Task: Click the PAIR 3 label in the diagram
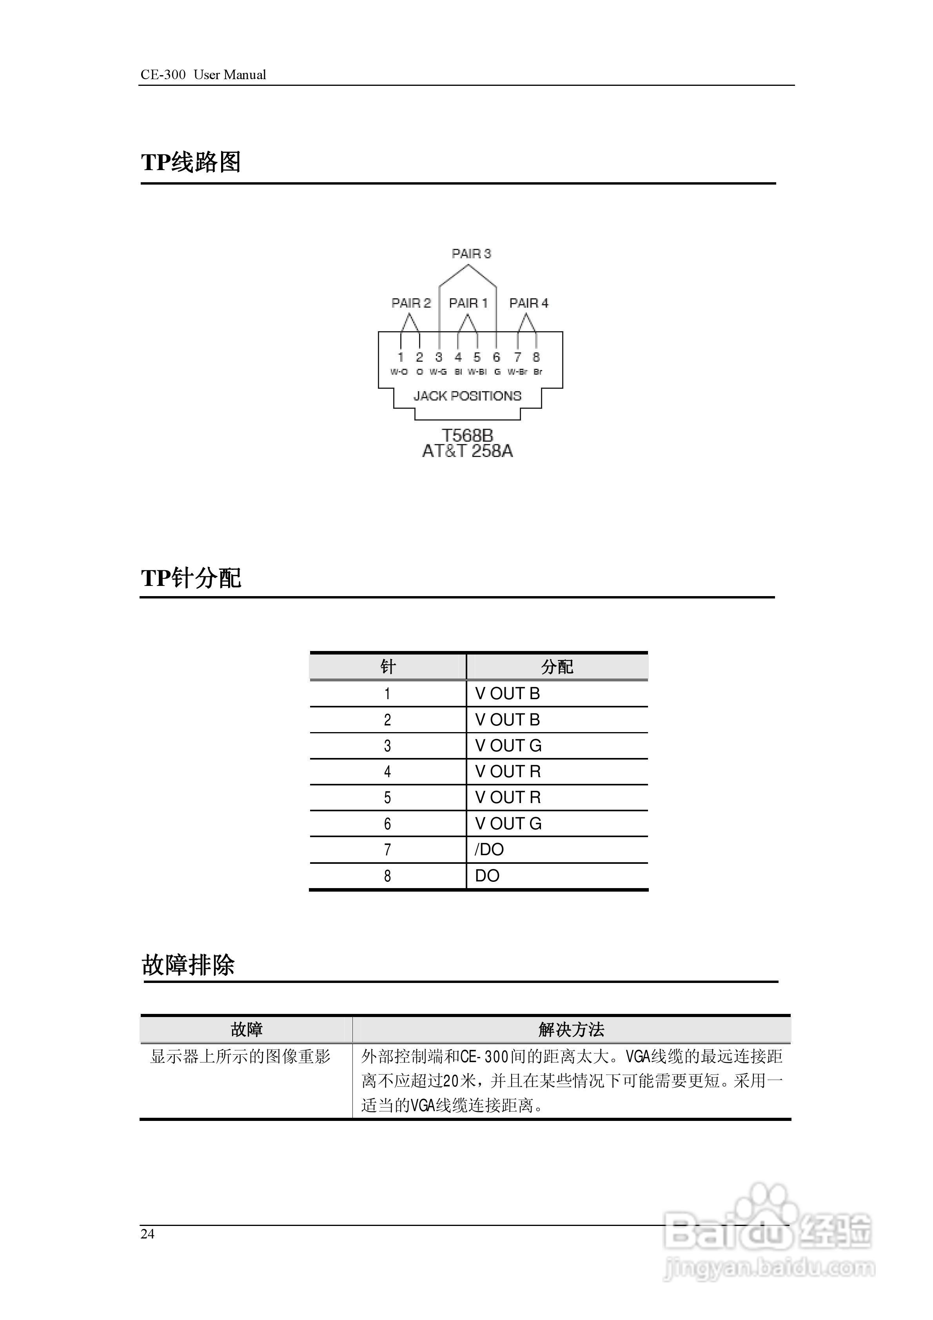tap(471, 254)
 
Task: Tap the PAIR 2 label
tap(411, 303)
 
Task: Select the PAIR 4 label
tap(528, 303)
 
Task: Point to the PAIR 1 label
tap(468, 303)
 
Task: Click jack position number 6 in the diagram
tap(496, 357)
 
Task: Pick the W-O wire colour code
tap(399, 372)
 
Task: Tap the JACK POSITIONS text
tap(467, 396)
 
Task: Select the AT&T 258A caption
tap(467, 451)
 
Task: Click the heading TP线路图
tap(191, 163)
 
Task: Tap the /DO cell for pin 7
tap(489, 850)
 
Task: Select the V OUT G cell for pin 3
tap(508, 746)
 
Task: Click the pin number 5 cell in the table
tap(387, 798)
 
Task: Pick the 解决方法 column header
tap(571, 1030)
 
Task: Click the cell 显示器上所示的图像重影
tap(240, 1057)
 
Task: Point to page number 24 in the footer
tap(147, 1234)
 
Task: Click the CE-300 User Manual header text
tap(203, 75)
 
